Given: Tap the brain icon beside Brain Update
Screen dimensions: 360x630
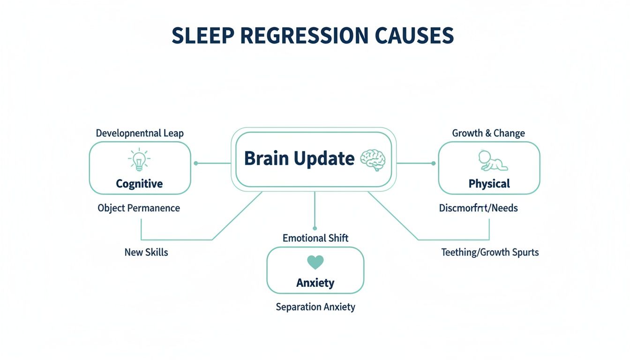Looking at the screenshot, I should [x=372, y=160].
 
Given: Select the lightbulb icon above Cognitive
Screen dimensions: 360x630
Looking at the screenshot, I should [x=139, y=159].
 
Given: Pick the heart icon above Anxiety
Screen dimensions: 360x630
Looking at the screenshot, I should [x=315, y=262].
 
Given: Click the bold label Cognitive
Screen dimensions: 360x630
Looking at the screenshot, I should [x=139, y=184].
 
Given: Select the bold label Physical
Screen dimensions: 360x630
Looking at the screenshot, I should [x=489, y=184].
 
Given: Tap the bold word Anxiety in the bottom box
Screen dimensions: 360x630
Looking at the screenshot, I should [x=315, y=283].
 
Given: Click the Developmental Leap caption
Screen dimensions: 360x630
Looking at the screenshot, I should [x=140, y=133].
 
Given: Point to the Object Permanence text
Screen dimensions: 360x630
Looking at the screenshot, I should [x=139, y=208].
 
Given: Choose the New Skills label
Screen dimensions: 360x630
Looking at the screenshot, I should [x=146, y=252].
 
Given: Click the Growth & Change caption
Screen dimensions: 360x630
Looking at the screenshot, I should [x=488, y=133].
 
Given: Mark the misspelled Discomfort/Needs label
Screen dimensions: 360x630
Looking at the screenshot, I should [x=478, y=208].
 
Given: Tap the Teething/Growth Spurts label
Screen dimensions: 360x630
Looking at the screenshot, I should [x=490, y=252].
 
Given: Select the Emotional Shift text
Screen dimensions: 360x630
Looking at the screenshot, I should [x=315, y=238].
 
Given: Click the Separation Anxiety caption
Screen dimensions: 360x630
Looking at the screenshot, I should [x=315, y=307].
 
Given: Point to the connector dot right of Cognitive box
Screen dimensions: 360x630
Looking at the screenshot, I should [x=196, y=163].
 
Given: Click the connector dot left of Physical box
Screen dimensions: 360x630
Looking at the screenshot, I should [x=433, y=163].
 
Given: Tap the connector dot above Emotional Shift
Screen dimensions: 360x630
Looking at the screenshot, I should [x=315, y=228].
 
